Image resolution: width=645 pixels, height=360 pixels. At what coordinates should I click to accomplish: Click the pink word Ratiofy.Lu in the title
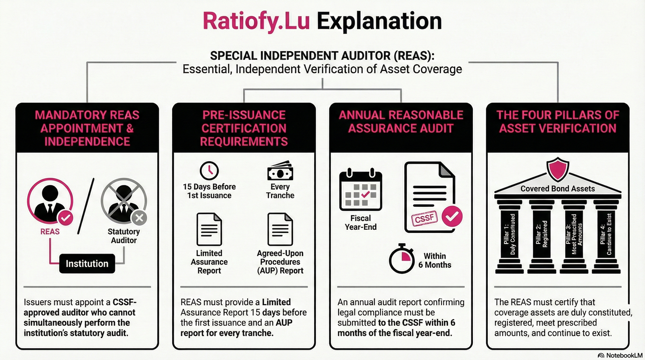point(256,21)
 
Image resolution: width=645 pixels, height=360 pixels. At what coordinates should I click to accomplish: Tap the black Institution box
point(87,264)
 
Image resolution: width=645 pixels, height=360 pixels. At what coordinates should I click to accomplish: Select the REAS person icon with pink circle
point(50,200)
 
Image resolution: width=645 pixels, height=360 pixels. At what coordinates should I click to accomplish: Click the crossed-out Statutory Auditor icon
point(123,200)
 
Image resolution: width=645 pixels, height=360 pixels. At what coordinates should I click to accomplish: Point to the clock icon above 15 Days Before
point(209,171)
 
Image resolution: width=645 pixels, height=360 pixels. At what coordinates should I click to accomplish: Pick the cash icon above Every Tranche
point(280,171)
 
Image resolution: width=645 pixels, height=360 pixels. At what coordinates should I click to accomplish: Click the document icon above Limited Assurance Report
point(209,229)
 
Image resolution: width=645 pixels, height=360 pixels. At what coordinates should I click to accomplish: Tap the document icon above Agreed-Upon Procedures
point(280,229)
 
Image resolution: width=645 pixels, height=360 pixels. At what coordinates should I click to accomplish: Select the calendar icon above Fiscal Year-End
point(360,189)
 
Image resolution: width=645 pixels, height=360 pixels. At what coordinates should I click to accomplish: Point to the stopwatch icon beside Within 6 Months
point(402,259)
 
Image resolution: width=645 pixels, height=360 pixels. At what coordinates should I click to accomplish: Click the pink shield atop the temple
point(558,169)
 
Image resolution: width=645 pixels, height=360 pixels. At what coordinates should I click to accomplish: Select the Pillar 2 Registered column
point(542,234)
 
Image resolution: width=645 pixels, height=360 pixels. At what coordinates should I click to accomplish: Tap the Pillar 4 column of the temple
point(606,234)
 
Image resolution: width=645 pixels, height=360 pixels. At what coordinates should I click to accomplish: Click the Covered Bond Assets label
point(558,189)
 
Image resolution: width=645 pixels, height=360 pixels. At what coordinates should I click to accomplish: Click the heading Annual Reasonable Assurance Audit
point(401,122)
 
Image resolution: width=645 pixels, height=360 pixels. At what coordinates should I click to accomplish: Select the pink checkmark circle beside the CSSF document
point(452,216)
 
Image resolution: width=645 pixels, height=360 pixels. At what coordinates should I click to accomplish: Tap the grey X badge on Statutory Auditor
point(139,218)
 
